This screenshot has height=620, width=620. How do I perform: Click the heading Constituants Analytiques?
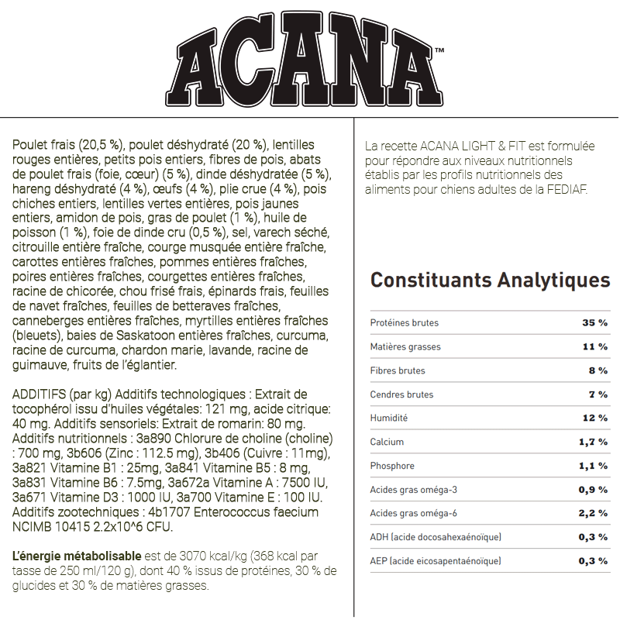pos(490,280)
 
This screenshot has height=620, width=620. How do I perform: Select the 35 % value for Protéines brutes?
pos(595,322)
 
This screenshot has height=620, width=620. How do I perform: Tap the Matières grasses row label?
pos(405,346)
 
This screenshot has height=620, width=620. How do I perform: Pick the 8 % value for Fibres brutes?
pos(598,370)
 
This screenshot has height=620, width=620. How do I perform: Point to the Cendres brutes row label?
pos(401,394)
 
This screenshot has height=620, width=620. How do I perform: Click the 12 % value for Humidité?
pos(595,418)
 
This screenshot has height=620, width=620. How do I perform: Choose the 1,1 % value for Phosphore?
pos(593,466)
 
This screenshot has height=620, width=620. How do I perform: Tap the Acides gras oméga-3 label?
pos(413,490)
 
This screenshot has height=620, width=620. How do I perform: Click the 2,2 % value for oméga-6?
pos(593,514)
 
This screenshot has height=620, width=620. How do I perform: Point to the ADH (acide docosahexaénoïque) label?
pos(436,537)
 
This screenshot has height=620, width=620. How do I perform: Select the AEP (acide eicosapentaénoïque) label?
pos(436,561)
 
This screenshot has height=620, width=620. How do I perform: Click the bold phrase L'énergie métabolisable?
pos(77,556)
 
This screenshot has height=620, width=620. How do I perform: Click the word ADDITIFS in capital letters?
pos(39,394)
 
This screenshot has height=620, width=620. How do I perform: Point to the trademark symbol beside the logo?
pos(439,51)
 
